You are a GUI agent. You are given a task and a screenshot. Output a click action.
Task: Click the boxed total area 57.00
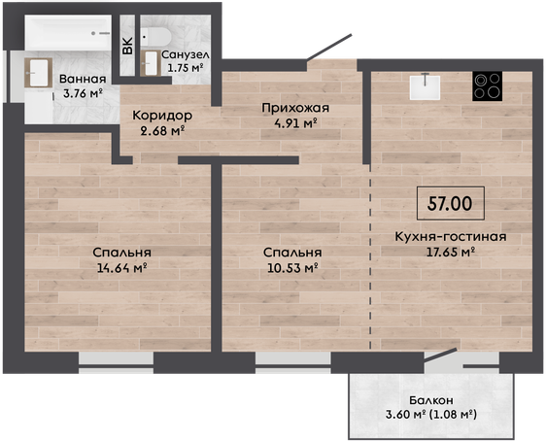point(450,203)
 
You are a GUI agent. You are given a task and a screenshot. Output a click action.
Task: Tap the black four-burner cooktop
point(487,86)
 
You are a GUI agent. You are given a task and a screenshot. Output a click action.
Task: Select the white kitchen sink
point(425,87)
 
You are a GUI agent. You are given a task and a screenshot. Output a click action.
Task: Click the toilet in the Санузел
point(155,36)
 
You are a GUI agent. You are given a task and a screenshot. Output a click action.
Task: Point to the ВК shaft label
point(128,46)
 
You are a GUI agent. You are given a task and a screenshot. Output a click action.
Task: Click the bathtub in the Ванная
point(68,32)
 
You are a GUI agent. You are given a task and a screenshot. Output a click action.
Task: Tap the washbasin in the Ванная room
point(38,73)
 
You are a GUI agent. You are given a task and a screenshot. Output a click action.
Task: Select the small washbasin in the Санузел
point(150,63)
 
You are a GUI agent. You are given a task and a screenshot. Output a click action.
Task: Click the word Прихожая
point(295,108)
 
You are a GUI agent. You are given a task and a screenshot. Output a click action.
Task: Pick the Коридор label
point(162,116)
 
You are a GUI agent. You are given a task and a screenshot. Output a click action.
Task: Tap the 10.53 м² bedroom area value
point(292,268)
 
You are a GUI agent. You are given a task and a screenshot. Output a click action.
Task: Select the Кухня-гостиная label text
point(451,237)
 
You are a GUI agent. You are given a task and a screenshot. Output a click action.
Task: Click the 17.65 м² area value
point(451,252)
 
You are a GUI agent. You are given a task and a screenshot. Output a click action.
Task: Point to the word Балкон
point(431,400)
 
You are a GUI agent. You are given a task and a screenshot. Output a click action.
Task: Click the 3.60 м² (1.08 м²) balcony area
point(431,415)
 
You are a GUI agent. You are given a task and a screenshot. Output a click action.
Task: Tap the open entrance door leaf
point(329,47)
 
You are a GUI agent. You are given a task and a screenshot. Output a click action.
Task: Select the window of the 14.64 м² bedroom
point(116,362)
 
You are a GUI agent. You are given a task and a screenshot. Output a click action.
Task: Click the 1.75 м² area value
point(186,68)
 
